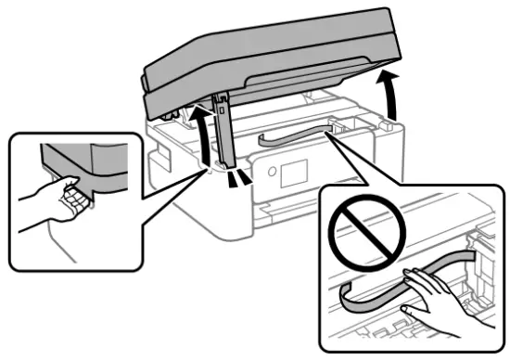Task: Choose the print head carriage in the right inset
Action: pyautogui.click(x=482, y=278)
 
